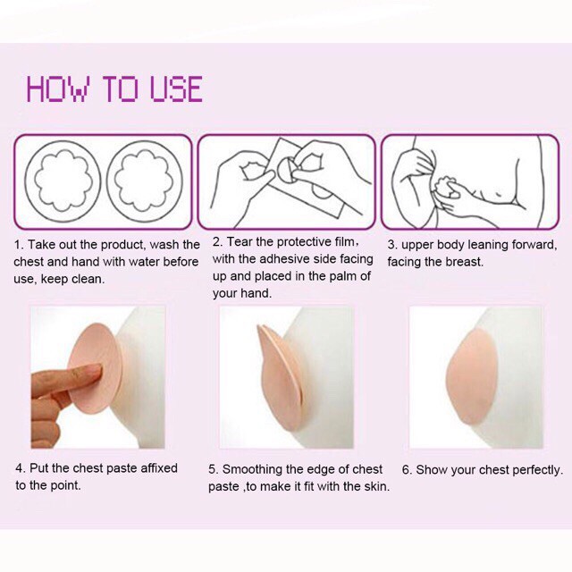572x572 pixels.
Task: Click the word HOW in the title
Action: (x=57, y=88)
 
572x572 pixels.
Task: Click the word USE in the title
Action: (x=177, y=88)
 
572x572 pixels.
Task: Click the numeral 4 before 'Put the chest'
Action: (x=19, y=468)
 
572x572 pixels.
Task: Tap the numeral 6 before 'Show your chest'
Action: (x=406, y=470)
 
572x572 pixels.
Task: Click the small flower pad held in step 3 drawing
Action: (x=443, y=188)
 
